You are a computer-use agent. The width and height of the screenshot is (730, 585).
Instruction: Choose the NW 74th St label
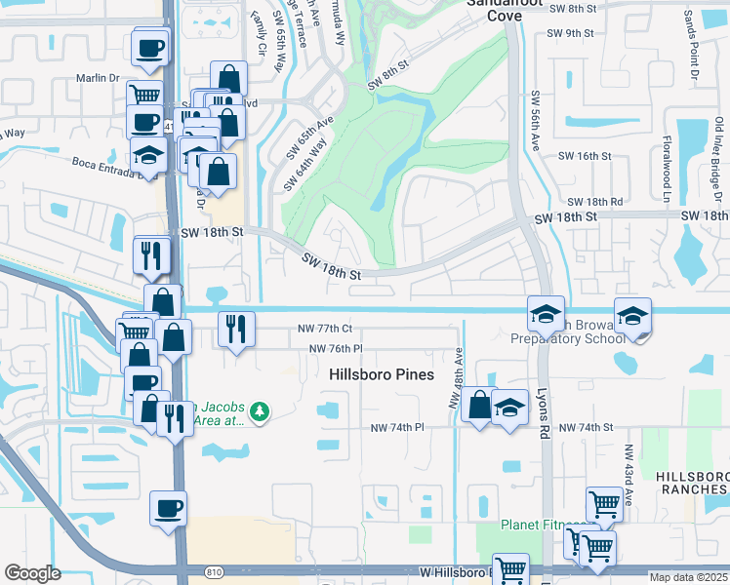coord(586,427)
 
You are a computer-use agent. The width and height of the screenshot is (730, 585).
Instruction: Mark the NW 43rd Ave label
coord(629,475)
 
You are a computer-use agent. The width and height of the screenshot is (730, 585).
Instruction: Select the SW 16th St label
coord(584,156)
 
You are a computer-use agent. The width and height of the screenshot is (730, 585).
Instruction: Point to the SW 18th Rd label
coord(594,201)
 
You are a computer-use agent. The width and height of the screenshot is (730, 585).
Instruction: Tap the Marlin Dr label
coord(98,78)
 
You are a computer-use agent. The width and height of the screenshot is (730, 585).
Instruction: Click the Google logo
coord(32,573)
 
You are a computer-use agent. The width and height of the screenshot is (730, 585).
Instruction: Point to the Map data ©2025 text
coord(689,577)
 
